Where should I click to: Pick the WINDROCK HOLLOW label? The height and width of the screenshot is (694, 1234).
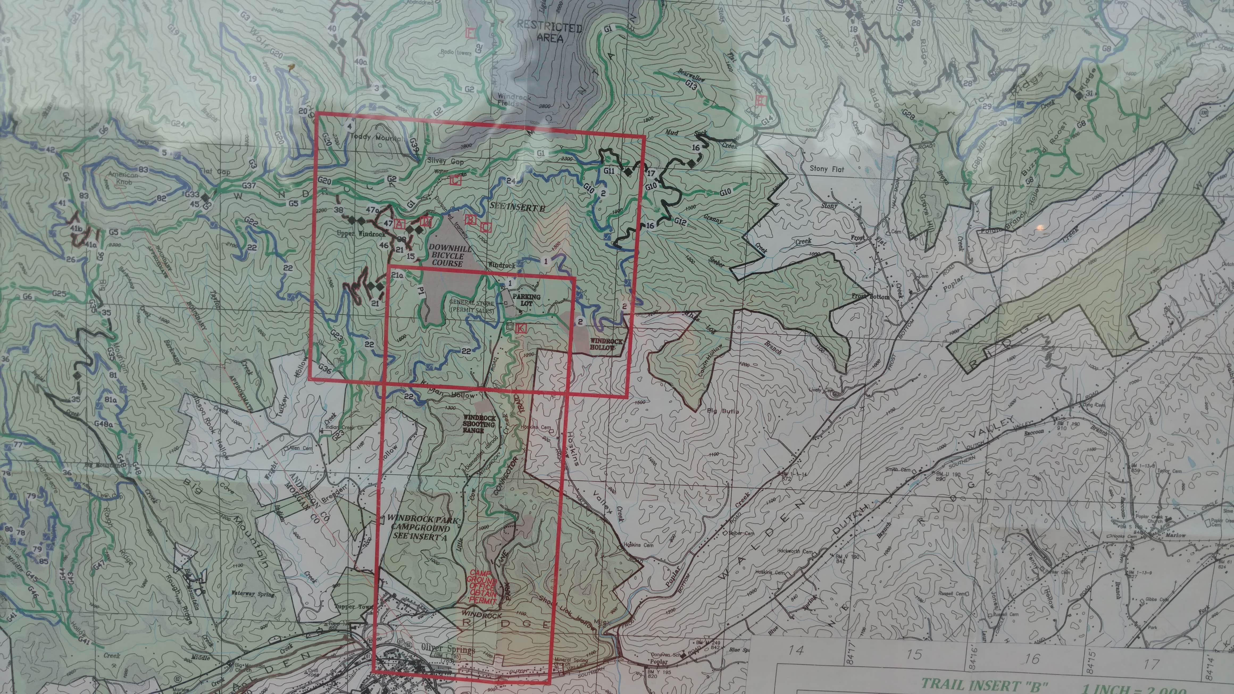tap(606, 344)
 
